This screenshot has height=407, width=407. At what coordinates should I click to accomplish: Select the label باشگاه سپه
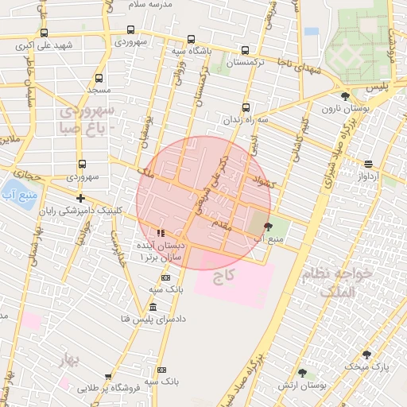(192, 51)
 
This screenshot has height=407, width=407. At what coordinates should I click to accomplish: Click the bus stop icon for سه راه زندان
(246, 107)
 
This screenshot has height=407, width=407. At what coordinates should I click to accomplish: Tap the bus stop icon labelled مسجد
(99, 78)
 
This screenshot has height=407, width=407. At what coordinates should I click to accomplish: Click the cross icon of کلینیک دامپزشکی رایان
(79, 198)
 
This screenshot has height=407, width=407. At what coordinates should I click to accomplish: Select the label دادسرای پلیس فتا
(152, 319)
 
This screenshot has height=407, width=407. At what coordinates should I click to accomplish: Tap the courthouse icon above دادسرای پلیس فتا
(153, 307)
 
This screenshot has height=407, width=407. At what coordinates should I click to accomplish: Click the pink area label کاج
(225, 277)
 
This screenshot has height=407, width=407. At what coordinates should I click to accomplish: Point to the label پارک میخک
(367, 366)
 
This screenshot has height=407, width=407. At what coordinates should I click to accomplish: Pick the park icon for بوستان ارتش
(302, 372)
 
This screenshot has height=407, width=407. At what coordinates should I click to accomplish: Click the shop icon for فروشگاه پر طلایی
(108, 377)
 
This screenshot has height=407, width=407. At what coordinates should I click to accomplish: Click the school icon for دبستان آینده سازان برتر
(161, 234)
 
